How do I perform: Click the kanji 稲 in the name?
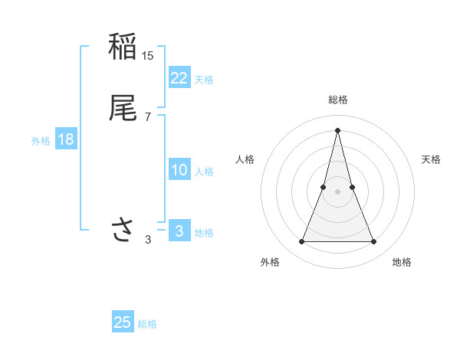point(123,47)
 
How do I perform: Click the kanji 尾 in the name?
point(123,108)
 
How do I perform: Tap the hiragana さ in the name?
point(123,229)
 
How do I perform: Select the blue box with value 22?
point(179,78)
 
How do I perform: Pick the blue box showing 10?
point(179,170)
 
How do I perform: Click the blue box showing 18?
point(66,139)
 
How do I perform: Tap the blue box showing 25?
point(123,322)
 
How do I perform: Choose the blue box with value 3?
point(179,231)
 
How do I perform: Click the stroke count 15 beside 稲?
point(148,56)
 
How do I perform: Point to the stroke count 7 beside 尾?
point(148,116)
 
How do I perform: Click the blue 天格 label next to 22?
point(204,80)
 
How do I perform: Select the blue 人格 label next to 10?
point(204,172)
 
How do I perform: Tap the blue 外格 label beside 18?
point(41,141)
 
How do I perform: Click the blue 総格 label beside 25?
point(147,324)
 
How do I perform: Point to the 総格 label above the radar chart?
point(337,100)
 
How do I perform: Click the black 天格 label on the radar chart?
point(431,159)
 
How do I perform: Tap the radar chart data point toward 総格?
point(337,129)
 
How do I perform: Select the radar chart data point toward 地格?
point(373,242)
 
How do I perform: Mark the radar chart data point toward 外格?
point(301,242)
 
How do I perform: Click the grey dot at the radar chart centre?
point(337,190)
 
